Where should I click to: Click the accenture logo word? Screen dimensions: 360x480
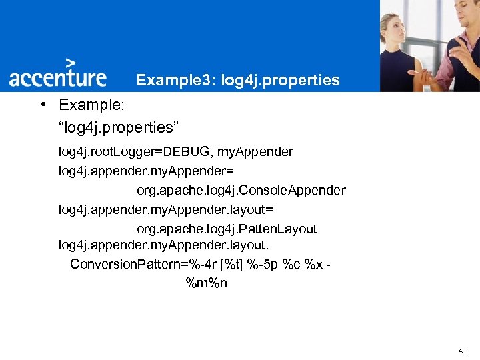[57, 77]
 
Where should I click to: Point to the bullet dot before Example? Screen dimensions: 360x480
[42, 105]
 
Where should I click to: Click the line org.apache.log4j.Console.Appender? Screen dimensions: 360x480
[241, 191]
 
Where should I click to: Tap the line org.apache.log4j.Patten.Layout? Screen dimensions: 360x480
[227, 229]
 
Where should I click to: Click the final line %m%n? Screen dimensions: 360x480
[206, 283]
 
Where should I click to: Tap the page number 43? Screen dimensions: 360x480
[463, 351]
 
